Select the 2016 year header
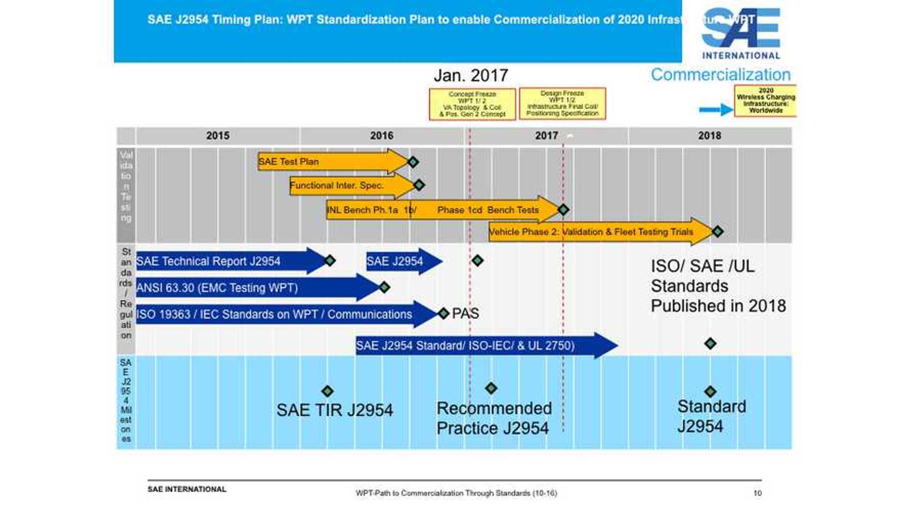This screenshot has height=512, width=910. click(x=382, y=136)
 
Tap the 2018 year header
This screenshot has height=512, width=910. click(x=709, y=136)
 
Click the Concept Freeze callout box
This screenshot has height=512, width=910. click(x=472, y=104)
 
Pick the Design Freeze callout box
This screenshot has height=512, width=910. click(x=562, y=103)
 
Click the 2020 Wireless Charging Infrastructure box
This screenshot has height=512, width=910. click(x=765, y=101)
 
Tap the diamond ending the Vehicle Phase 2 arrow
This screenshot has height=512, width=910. click(x=718, y=231)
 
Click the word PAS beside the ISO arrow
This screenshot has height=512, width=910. click(x=465, y=313)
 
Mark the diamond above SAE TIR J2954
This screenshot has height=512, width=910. click(x=328, y=391)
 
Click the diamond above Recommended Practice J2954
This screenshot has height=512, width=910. click(x=491, y=388)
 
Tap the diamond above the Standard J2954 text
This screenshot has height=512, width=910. click(x=710, y=392)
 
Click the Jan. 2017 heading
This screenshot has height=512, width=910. click(x=471, y=75)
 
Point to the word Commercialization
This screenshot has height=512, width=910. click(x=720, y=74)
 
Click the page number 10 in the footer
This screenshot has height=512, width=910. click(x=757, y=493)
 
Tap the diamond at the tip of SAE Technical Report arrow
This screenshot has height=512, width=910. click(x=330, y=260)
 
